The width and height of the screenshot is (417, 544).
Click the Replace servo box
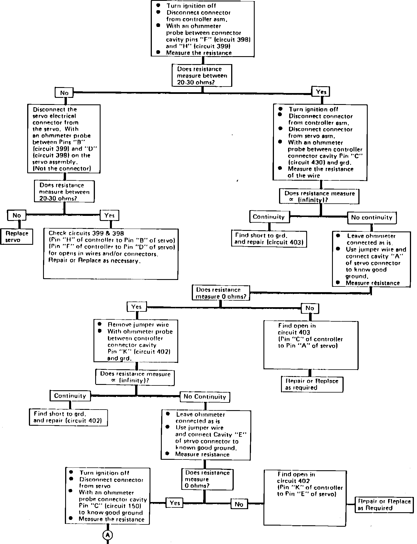point(17,237)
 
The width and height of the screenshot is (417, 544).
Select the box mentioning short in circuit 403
point(269,239)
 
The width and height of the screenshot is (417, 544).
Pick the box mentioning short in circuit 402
point(68,417)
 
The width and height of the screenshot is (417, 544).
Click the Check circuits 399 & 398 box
point(111,254)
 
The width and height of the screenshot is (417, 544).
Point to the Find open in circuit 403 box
point(311,345)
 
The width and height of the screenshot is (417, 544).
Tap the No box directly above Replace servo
point(17,216)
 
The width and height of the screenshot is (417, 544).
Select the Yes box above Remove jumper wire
point(137,307)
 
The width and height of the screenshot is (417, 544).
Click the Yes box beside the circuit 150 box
point(175,503)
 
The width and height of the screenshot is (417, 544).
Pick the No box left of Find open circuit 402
point(239,504)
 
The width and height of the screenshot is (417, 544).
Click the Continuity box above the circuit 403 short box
point(269,217)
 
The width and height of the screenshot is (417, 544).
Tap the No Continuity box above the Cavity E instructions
point(205,397)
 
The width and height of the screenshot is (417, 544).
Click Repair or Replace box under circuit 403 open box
point(312,384)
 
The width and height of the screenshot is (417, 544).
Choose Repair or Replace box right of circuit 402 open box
point(384,505)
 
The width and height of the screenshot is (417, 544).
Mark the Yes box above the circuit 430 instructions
point(321,92)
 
